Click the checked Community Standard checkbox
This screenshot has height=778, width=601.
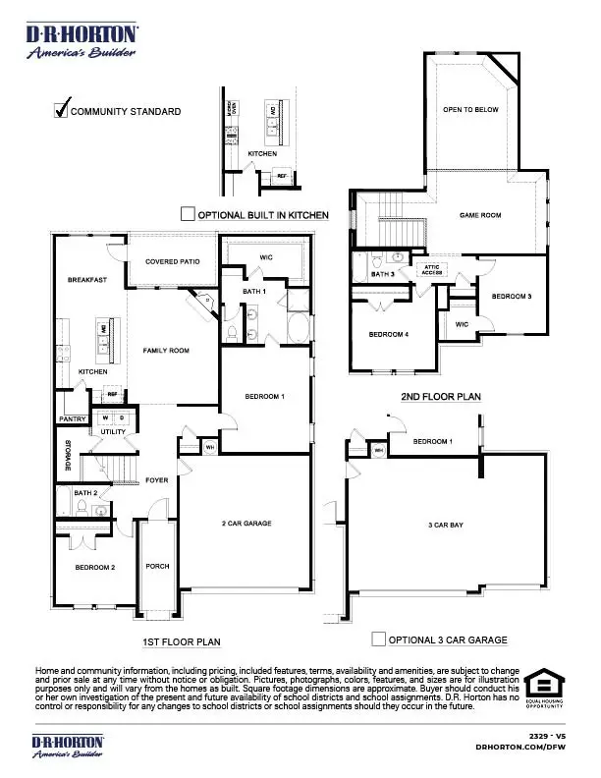(x=61, y=110)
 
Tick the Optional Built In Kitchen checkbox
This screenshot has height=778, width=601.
(x=188, y=214)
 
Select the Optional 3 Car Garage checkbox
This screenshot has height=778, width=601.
(x=378, y=639)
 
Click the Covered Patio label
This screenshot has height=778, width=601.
(x=173, y=261)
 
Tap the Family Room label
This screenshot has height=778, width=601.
(x=166, y=351)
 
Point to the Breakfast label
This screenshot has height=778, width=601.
(x=86, y=280)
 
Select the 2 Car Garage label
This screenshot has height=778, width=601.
(x=246, y=524)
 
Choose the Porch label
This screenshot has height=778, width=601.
(x=157, y=566)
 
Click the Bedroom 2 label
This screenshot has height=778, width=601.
(x=95, y=567)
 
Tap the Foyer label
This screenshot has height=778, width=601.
(x=157, y=480)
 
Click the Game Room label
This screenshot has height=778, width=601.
(x=480, y=215)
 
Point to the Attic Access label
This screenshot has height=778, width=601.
(x=432, y=268)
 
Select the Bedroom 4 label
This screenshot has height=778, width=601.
(x=388, y=335)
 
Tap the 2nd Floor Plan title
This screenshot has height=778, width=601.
(x=440, y=397)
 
